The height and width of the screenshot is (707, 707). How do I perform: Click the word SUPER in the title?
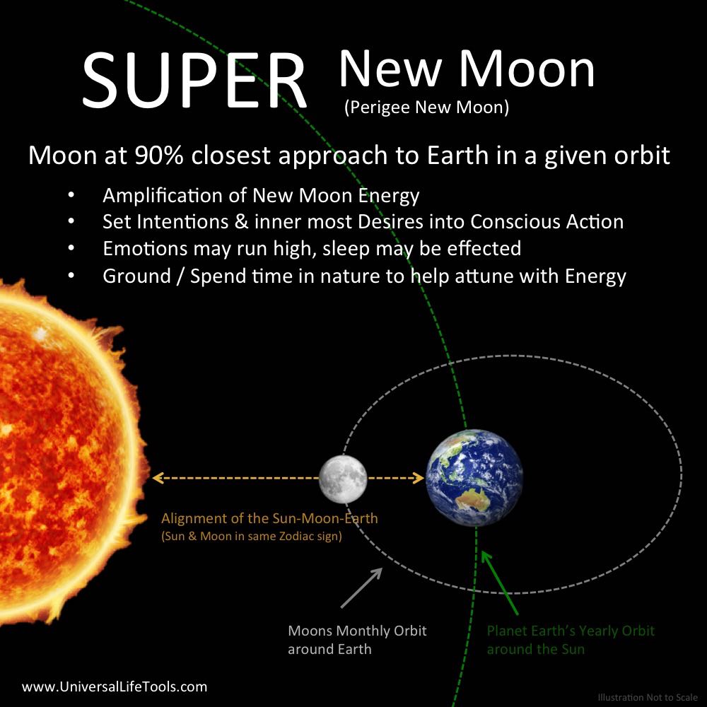click(x=195, y=81)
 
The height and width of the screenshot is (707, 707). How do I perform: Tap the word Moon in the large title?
click(x=527, y=69)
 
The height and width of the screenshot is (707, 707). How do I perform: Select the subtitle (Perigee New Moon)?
click(x=426, y=107)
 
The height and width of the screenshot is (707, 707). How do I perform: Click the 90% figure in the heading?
click(x=159, y=155)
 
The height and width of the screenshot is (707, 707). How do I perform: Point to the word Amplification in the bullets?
click(x=175, y=195)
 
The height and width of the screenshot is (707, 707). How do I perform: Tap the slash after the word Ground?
click(x=180, y=276)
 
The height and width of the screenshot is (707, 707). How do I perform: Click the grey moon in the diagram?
click(x=343, y=479)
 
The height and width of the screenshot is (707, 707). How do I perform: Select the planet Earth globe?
click(x=474, y=477)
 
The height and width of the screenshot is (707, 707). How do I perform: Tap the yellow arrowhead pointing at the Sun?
click(x=158, y=478)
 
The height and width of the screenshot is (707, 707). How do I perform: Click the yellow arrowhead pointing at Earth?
click(x=418, y=478)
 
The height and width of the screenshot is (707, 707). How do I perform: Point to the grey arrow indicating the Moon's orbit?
click(x=361, y=588)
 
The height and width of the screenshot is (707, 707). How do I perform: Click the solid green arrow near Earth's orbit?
click(x=500, y=583)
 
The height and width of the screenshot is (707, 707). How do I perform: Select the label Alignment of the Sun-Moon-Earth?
click(x=269, y=518)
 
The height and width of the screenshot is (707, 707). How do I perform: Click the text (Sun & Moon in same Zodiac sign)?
click(x=252, y=536)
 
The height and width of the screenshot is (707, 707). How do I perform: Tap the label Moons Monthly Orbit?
click(x=357, y=631)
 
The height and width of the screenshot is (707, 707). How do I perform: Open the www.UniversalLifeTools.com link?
click(x=115, y=686)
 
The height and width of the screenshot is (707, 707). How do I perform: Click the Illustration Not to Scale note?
click(x=648, y=698)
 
